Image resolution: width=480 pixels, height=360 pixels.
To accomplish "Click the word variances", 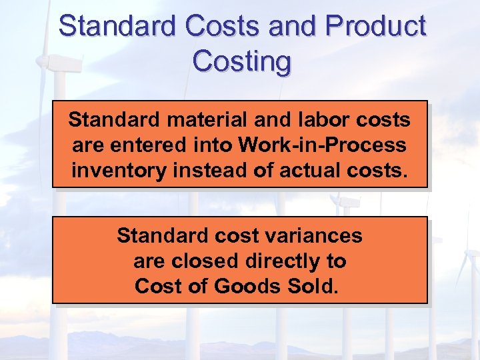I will pos(315,236).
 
